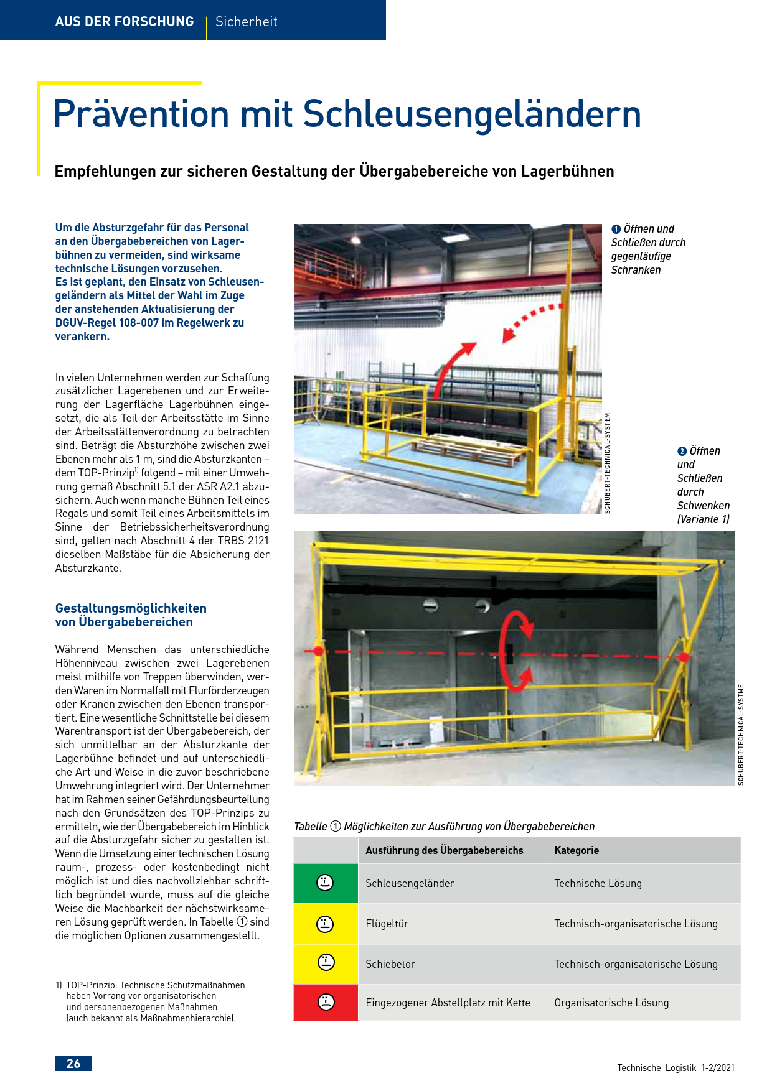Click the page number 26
pos(73,1063)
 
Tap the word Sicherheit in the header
pos(246,22)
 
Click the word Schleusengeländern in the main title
pos(472,114)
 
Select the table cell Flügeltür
pos(387,924)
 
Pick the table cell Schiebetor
pos(390,964)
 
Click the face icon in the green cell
pos(325,883)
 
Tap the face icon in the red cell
pos(326,1002)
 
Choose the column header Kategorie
pos(577,850)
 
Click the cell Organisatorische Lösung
pos(611,1003)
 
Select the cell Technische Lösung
pos(598,883)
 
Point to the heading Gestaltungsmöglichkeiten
pos(131,608)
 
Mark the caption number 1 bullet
pos(616,229)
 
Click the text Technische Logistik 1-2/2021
pos(675,1068)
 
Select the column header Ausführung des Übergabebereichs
pos(444,850)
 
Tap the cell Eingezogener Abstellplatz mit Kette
pos(448,1003)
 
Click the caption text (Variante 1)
pos(703,519)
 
